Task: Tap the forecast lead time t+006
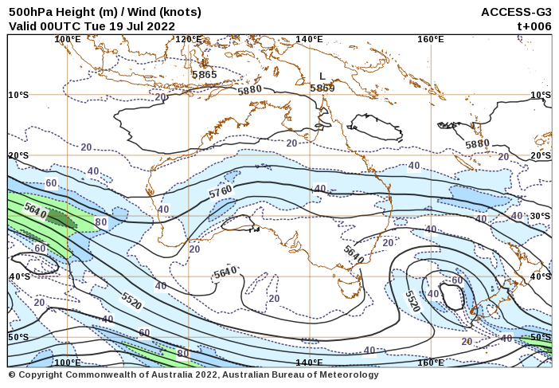pos(534,25)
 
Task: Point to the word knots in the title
pos(178,12)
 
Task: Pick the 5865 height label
pos(204,75)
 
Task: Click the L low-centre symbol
pos(322,76)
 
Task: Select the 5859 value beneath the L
pos(322,88)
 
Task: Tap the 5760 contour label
pos(221,192)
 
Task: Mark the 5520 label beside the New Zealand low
pos(412,300)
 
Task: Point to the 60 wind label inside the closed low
pos(456,280)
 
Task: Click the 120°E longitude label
pos(188,39)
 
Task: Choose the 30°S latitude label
pos(541,216)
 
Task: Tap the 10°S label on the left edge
pos(18,95)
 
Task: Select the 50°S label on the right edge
pos(541,337)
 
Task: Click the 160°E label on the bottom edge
pos(430,363)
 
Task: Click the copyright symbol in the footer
pos(12,375)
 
